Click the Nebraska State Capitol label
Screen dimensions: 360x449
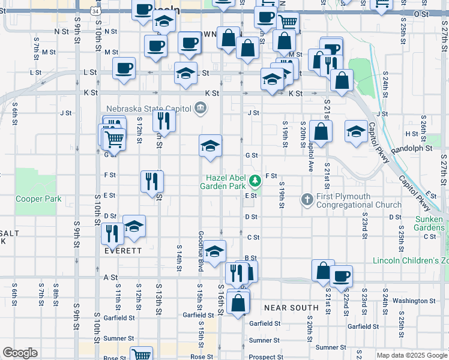(148, 109)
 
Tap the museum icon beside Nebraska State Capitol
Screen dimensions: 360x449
(200, 109)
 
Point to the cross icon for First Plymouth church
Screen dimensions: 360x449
(307, 199)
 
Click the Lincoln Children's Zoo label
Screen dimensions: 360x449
(411, 260)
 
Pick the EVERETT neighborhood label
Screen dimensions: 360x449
(122, 251)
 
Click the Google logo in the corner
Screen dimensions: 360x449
(20, 352)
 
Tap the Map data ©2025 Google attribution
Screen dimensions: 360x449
(412, 355)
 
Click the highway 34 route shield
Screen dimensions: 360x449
(96, 11)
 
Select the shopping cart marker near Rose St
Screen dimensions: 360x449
(141, 354)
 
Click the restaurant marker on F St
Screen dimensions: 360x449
(152, 180)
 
